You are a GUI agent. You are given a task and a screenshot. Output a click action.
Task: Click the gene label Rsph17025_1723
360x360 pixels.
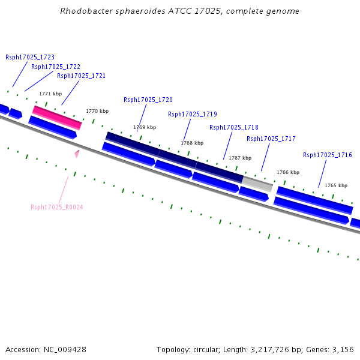30,58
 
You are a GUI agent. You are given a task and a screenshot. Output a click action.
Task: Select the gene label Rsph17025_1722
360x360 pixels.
56,67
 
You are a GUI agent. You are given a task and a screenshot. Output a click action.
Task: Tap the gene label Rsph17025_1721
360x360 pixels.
82,76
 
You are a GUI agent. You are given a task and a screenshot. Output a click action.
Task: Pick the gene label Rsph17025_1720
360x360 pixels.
148,100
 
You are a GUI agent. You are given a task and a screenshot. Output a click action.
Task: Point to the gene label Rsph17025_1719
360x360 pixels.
193,115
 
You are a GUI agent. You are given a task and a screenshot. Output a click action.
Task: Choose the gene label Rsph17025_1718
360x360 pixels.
234,128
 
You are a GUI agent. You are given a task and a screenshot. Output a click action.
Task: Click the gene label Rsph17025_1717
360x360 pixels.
271,139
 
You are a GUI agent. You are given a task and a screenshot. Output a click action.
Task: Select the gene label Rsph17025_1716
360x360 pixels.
328,155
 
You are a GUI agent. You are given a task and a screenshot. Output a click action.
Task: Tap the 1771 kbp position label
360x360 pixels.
50,94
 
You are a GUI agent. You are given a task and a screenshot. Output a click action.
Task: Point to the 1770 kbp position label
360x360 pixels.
97,111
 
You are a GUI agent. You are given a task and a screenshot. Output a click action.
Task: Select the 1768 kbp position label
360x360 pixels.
192,143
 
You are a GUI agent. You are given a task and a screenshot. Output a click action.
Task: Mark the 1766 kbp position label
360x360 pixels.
288,173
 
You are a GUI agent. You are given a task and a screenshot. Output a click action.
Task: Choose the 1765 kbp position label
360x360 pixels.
336,186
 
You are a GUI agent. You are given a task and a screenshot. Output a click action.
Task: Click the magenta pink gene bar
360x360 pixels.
57,117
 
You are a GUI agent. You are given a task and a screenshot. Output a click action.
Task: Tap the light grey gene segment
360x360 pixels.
257,184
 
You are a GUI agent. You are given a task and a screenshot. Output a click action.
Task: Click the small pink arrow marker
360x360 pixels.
77,154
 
